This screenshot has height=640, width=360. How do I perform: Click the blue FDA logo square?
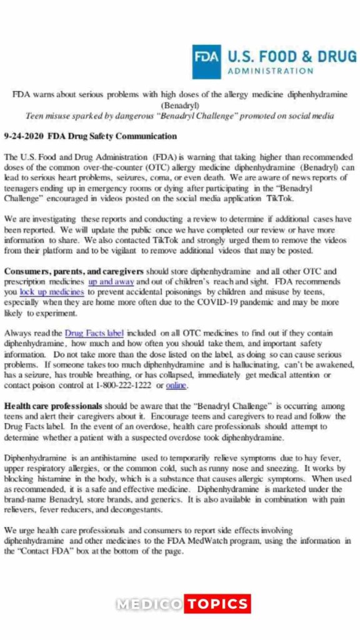(206, 61)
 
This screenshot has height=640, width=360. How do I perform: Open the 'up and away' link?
(111, 281)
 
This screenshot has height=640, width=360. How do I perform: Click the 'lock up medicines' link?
(51, 291)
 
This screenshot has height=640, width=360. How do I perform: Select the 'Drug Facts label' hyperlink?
(94, 333)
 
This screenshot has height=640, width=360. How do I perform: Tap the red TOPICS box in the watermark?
(217, 604)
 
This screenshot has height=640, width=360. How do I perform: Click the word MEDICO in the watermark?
(148, 604)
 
